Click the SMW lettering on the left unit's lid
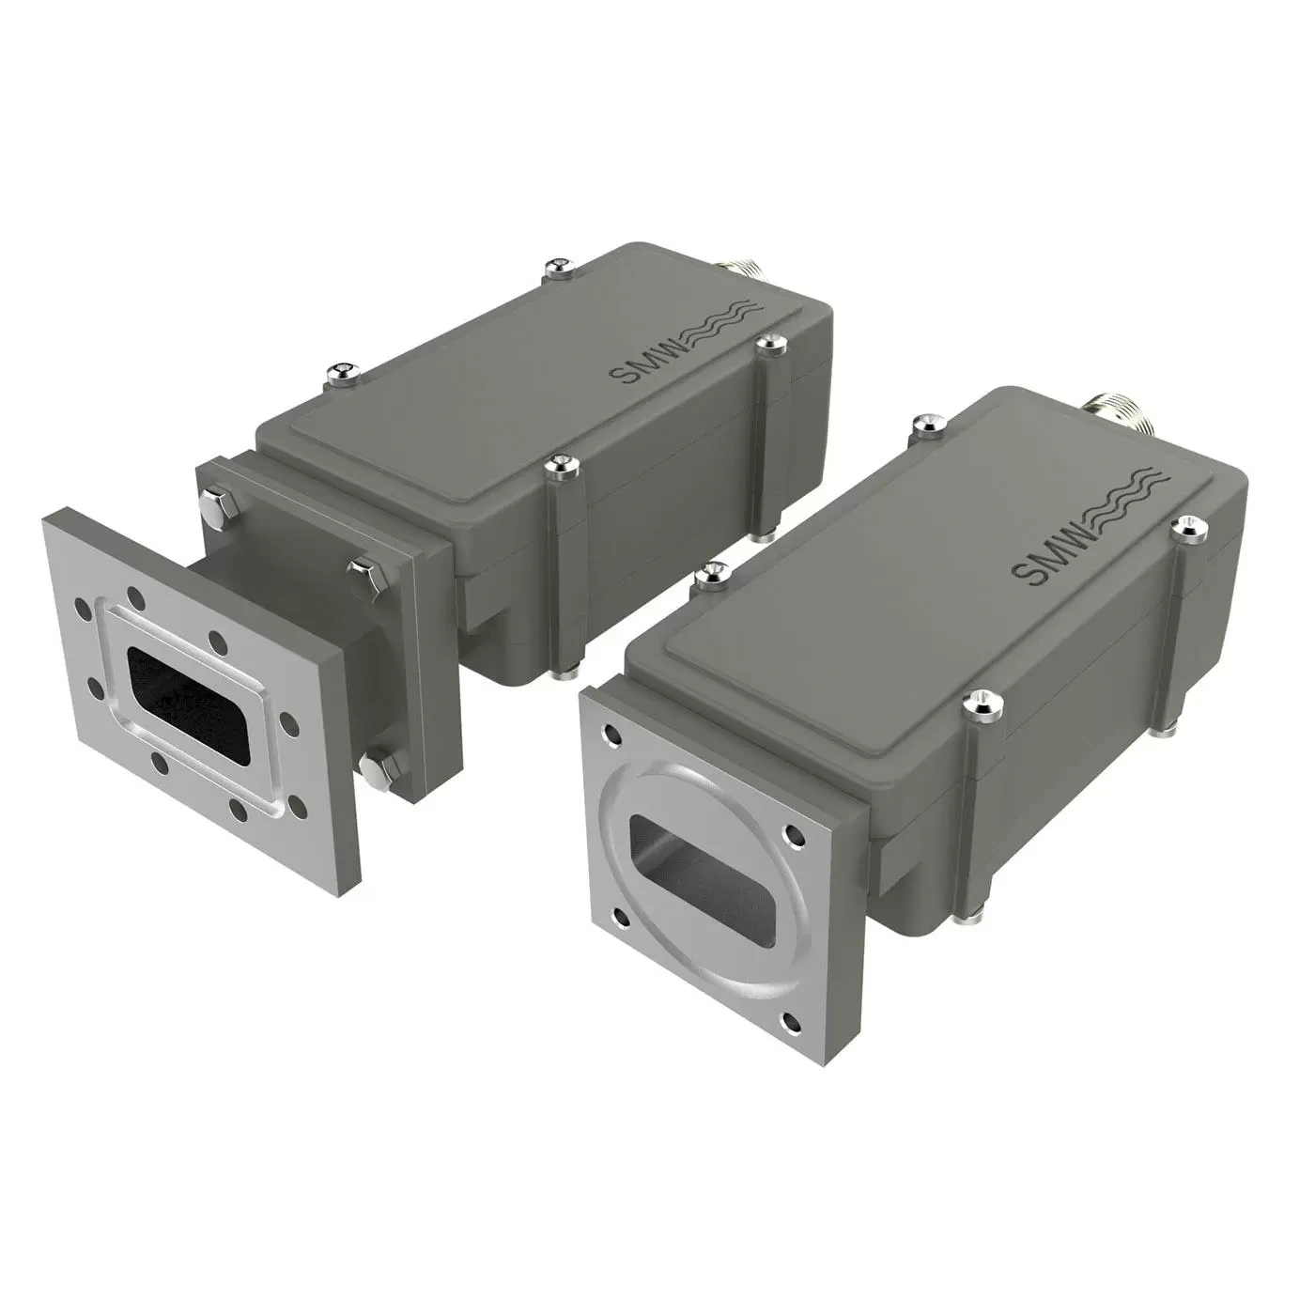640,360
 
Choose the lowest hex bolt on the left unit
373,770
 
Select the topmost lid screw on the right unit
926,425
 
